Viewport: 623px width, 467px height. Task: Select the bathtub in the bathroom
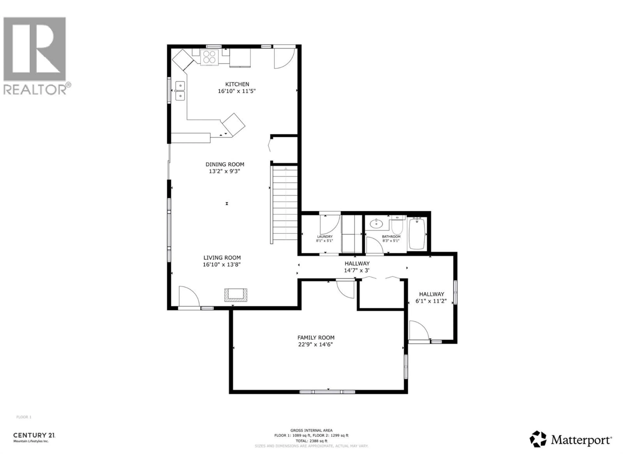[x=417, y=234]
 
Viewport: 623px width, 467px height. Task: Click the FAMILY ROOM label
[x=316, y=337]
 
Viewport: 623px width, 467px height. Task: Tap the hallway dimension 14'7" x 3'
[x=357, y=270]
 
